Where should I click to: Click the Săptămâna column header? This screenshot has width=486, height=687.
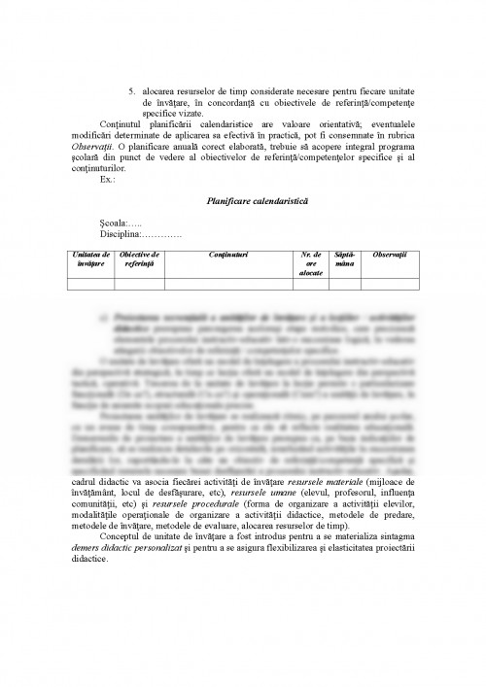(345, 258)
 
